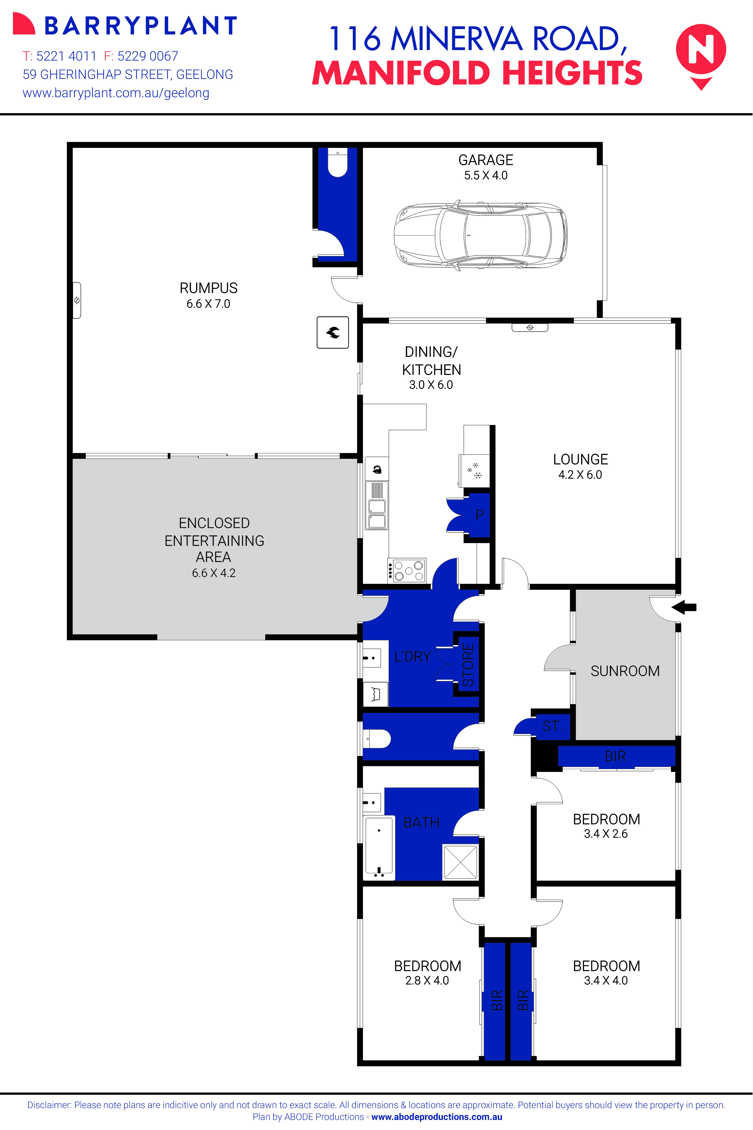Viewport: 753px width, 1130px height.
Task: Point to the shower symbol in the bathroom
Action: point(460,862)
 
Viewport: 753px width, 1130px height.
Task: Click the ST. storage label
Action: point(552,726)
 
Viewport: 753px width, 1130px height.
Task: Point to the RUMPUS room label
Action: point(208,288)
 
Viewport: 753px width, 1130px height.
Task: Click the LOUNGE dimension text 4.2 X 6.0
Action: point(580,475)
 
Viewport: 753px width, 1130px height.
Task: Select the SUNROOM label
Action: point(625,671)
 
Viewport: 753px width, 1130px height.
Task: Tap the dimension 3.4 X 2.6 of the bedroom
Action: point(606,834)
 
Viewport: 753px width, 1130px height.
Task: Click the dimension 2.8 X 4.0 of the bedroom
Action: point(427,980)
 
